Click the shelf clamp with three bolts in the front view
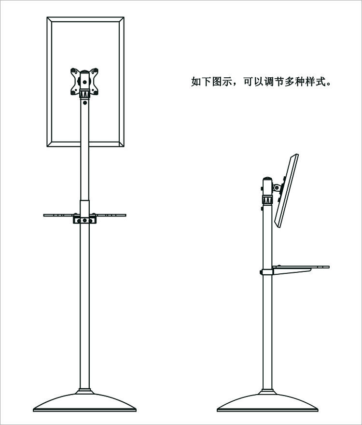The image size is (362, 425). (85, 220)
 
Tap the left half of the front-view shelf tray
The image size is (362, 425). (61, 215)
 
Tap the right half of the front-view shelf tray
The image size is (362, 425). (110, 215)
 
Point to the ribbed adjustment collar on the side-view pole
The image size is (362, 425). (267, 199)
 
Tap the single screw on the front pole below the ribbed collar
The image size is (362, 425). (85, 102)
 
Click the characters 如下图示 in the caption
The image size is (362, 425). (208, 81)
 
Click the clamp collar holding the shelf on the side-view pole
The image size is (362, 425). (266, 271)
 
